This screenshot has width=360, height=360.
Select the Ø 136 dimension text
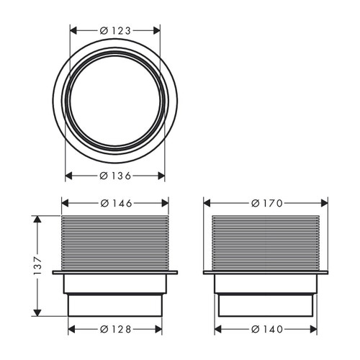pyautogui.click(x=115, y=176)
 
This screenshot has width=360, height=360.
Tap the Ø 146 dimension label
pyautogui.click(x=115, y=203)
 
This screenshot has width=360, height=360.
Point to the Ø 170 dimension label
pyautogui.click(x=266, y=203)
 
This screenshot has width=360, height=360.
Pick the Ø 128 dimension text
pyautogui.click(x=115, y=329)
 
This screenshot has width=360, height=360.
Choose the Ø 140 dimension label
pyautogui.click(x=266, y=329)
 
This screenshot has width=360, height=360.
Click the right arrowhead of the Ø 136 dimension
pyautogui.click(x=162, y=176)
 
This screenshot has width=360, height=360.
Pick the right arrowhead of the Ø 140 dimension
pyautogui.click(x=315, y=329)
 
